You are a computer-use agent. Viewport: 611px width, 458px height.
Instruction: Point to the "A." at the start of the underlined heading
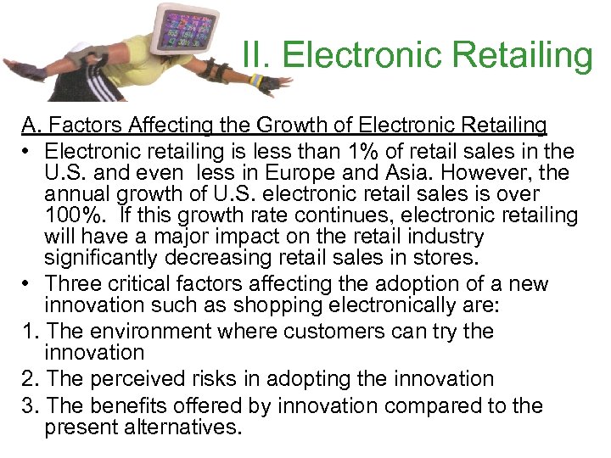pyautogui.click(x=32, y=126)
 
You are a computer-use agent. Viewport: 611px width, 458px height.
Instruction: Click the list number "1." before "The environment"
pyautogui.click(x=30, y=330)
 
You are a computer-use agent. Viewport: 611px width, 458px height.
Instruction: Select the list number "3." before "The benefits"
pyautogui.click(x=30, y=406)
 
